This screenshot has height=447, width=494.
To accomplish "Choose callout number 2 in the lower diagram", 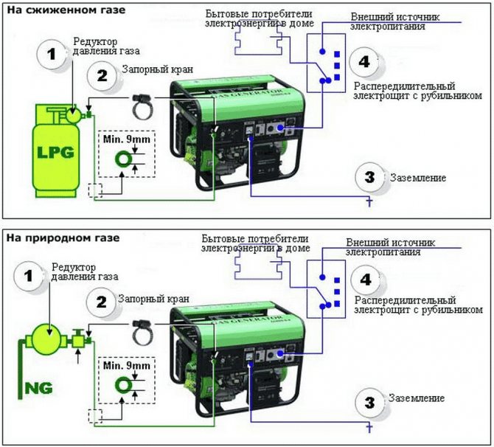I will (102, 301).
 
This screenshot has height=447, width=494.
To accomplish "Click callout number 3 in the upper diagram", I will (368, 177).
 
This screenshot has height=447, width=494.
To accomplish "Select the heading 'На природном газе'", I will (63, 238).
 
